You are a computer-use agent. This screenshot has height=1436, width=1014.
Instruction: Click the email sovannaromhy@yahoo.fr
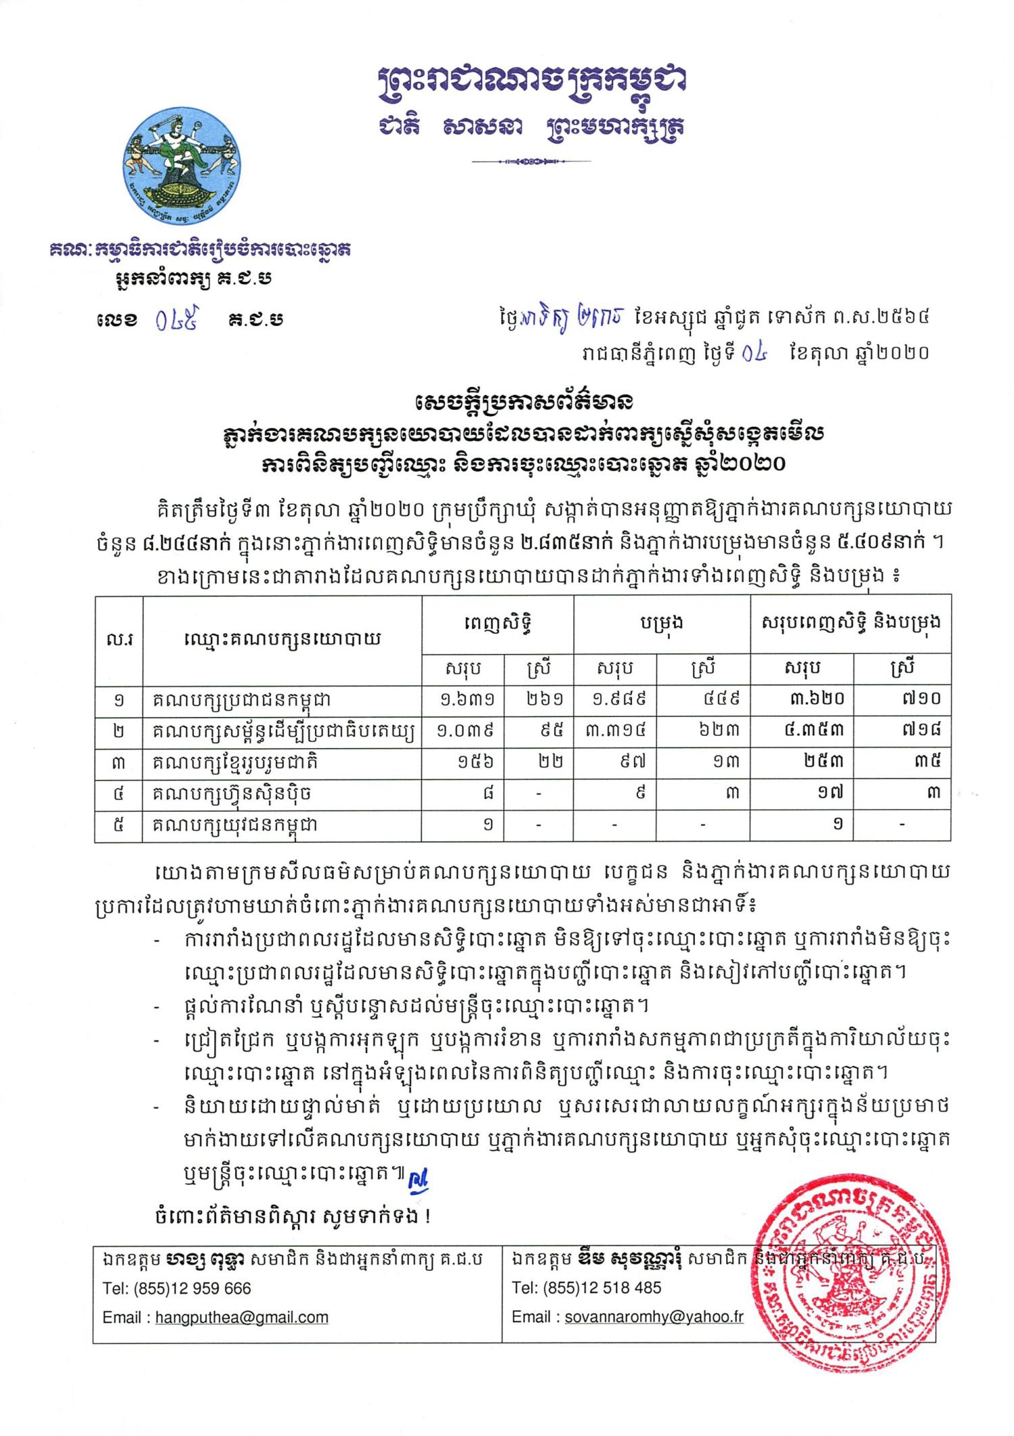pos(654,1317)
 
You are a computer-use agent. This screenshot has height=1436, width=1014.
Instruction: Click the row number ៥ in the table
pos(118,825)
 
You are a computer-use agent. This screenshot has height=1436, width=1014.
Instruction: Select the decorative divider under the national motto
pos(531,162)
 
